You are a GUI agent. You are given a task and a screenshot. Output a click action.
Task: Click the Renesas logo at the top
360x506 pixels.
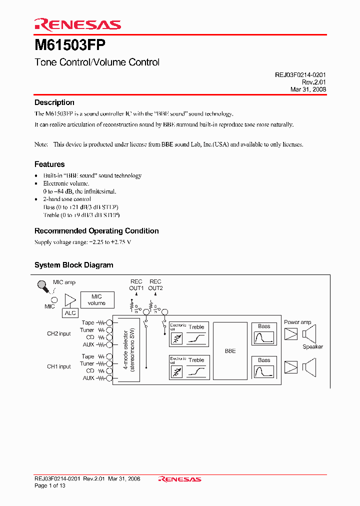pos(77,24)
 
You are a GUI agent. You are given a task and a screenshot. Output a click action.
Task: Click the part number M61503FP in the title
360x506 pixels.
pos(69,45)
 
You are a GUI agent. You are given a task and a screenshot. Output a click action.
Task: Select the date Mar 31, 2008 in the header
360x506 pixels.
pos(308,89)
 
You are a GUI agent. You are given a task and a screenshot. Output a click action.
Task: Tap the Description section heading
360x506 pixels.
pos(54,102)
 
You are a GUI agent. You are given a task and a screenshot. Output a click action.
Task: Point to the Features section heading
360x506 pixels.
pos(49,164)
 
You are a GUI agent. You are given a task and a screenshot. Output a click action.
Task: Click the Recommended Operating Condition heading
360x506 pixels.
pos(96,231)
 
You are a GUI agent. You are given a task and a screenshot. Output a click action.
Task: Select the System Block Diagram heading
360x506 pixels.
pos(73,265)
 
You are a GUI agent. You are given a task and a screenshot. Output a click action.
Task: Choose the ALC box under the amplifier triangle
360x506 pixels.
pos(70,313)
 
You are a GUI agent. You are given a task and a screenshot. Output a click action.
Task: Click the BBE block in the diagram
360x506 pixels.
pos(230,351)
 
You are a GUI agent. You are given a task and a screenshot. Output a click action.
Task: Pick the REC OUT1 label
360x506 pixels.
pos(136,285)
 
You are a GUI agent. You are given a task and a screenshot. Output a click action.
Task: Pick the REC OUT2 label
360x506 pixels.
pos(155,285)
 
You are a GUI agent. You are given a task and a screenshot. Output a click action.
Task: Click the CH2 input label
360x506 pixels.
pos(59,333)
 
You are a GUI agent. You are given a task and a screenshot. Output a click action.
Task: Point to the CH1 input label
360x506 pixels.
pos(59,366)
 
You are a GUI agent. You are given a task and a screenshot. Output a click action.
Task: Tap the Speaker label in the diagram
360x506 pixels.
pos(312,346)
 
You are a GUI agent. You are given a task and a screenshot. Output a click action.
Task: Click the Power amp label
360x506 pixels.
pos(297,322)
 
